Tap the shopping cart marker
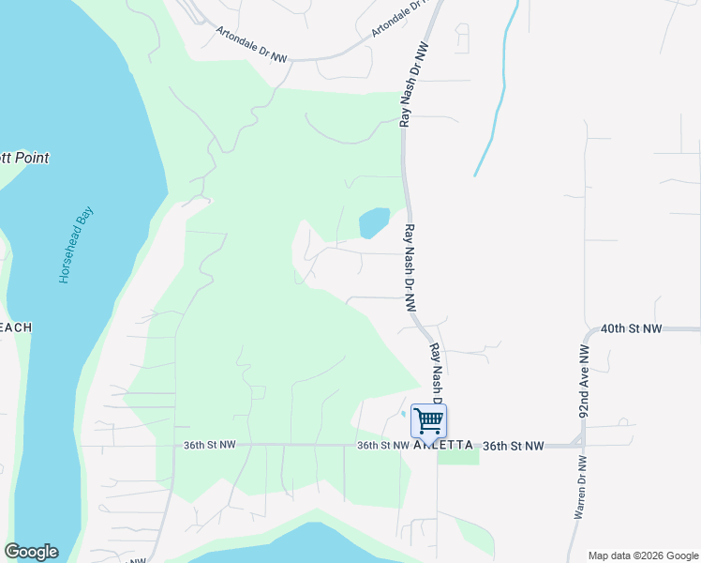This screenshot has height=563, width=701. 428,421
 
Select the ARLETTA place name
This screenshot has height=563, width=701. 443,446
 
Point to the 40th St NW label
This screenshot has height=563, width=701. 631,329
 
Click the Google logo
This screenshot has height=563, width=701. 31,552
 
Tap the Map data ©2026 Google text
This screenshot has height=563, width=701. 643,555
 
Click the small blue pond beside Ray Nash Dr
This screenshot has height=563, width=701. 374,222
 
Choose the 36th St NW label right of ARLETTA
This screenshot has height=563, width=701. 513,446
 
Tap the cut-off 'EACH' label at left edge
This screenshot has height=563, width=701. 16,327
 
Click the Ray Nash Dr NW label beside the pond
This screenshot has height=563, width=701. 410,267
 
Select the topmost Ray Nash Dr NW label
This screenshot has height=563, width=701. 413,84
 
